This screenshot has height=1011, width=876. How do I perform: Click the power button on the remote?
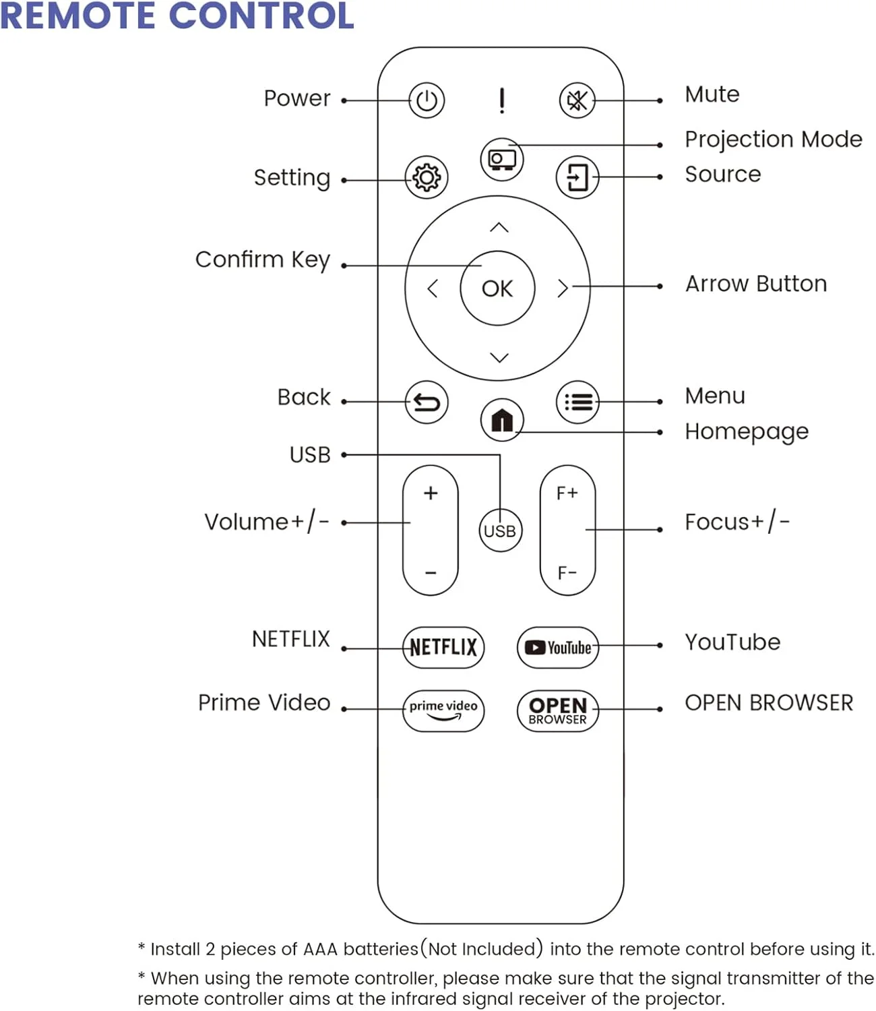point(427,100)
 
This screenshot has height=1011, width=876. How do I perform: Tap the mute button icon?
point(577,100)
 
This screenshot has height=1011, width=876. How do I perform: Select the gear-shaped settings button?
point(427,177)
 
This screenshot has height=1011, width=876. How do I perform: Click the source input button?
point(577,177)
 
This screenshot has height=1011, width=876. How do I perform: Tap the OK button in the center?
point(497,288)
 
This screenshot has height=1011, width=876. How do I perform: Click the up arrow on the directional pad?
point(499,228)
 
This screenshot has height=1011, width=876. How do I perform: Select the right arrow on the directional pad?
point(563,288)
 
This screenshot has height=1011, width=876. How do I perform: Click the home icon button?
point(502,420)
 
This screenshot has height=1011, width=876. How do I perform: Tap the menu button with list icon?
point(577,402)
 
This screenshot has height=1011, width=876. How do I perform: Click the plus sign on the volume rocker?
point(431,493)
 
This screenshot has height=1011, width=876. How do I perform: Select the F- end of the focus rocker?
point(567,573)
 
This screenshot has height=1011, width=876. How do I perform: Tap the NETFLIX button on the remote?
point(443,647)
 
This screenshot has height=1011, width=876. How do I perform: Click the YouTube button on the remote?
point(558,647)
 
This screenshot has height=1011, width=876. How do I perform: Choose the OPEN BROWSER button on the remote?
point(558,710)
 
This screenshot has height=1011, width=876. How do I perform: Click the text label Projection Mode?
point(774,140)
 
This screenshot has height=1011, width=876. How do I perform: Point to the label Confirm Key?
point(263,259)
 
